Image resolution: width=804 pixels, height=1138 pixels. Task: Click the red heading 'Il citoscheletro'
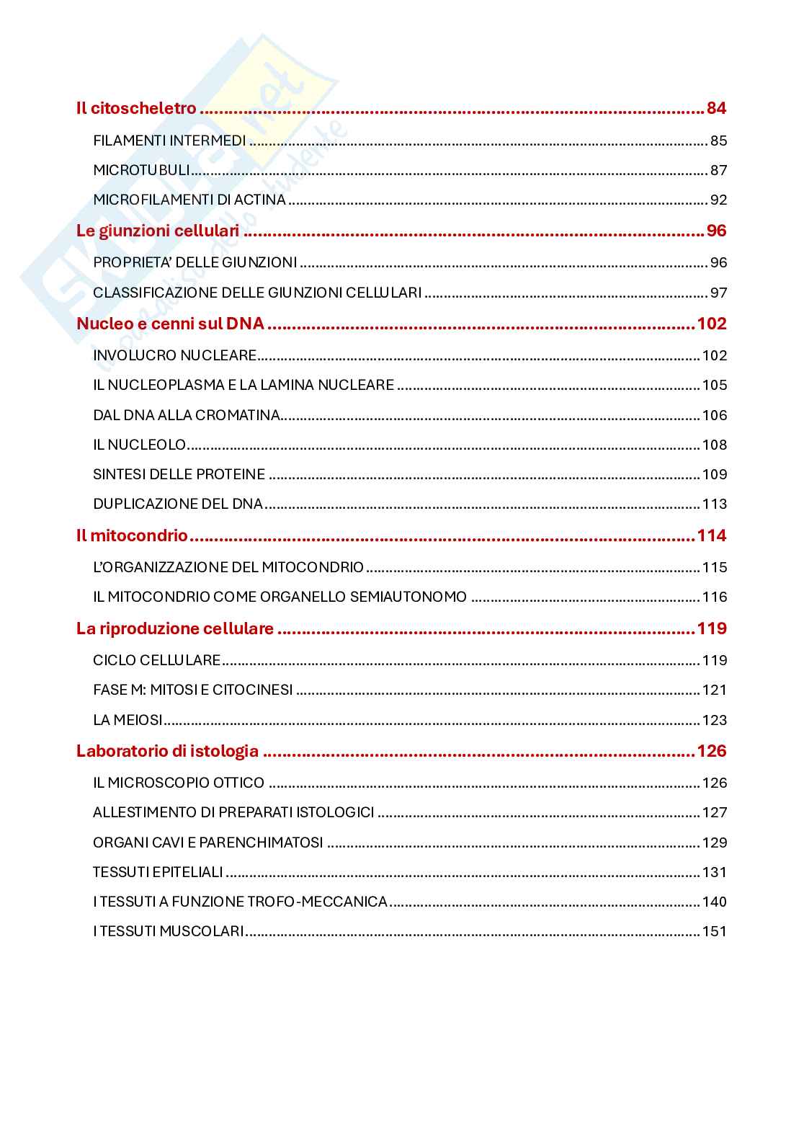pos(136,109)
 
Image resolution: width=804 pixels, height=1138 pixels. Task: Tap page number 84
pos(716,109)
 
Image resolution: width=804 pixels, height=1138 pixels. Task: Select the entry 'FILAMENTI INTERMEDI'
pos(169,141)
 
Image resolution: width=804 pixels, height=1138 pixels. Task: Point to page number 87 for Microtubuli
pos(718,171)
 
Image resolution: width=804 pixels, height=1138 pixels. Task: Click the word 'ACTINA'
pos(259,200)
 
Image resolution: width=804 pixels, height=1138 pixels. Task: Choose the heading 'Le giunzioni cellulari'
pos(158,231)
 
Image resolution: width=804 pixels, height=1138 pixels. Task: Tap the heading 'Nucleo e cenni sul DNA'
pos(171,324)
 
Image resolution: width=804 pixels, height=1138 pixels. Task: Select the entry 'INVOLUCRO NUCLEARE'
pos(175,355)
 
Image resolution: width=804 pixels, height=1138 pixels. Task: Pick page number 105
pos(715,386)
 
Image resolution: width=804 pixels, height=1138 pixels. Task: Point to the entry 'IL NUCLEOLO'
pos(140,445)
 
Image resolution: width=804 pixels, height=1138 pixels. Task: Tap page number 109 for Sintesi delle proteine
pos(715,475)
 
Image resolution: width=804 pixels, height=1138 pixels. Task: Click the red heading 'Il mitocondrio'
pos(132,535)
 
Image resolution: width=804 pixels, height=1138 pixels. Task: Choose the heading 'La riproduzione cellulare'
pos(175,629)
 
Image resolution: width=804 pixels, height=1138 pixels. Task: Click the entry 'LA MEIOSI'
pos(128,720)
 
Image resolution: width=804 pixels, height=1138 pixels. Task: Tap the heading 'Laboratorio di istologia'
pos(167,751)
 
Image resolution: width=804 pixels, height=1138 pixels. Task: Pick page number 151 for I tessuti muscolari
pos(715,932)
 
